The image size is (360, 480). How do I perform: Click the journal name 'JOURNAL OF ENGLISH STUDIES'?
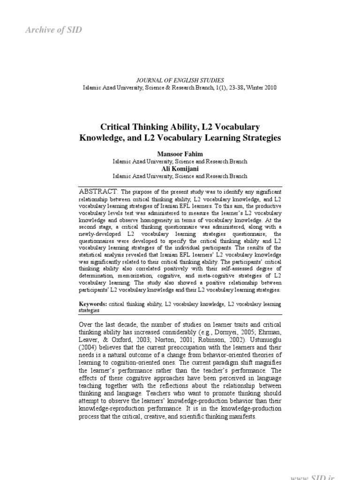tap(180, 81)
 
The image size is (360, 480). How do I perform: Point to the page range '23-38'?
tap(220, 88)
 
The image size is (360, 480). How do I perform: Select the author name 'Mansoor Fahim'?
tap(180, 153)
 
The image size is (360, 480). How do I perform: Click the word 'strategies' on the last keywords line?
tap(90, 310)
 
